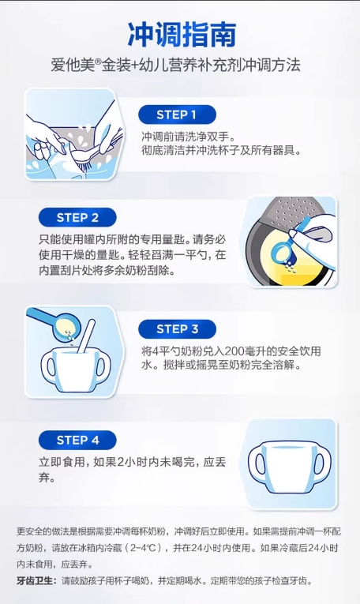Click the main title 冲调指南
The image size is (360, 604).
click(182, 34)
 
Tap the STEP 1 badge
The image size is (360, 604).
click(177, 114)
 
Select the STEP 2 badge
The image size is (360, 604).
click(77, 217)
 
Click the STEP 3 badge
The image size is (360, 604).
click(177, 329)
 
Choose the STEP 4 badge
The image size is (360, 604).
click(77, 440)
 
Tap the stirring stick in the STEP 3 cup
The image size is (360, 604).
click(86, 335)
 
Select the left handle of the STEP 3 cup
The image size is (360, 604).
click(49, 366)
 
